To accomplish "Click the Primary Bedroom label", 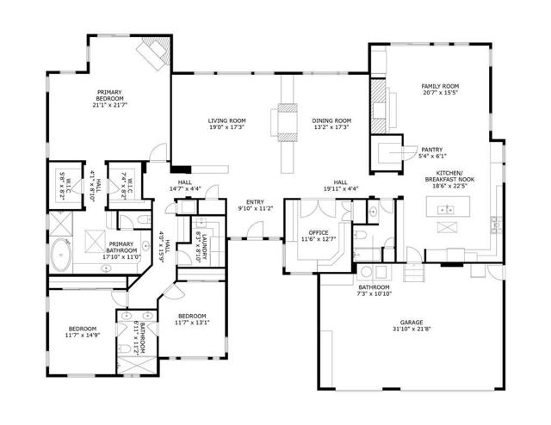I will coord(110,93).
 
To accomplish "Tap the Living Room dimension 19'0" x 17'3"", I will coord(226,127).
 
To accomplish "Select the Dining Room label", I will coord(331,120).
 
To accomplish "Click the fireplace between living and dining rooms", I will coord(284,120).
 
